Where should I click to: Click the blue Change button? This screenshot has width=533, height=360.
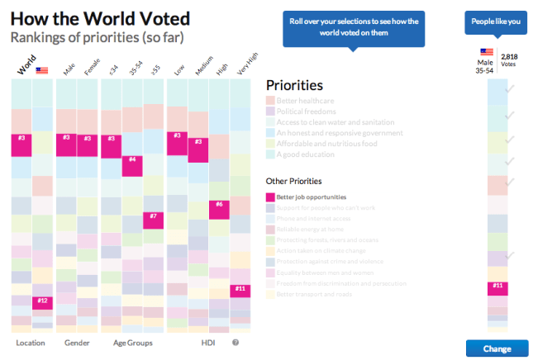point(497,348)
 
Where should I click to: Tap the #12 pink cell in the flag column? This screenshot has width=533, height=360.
point(43,302)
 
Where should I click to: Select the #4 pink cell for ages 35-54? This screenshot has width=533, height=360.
point(132,165)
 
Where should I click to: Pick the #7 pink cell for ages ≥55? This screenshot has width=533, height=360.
point(154,219)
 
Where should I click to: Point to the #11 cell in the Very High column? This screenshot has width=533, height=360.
point(240,290)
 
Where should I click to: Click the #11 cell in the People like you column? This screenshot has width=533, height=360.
point(497,288)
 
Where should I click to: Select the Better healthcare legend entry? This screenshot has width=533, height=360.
point(305,100)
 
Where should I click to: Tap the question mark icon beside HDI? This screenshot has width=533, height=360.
point(236,343)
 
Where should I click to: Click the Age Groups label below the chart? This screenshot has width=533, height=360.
point(132,343)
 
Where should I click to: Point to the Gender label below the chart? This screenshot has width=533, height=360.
point(78,343)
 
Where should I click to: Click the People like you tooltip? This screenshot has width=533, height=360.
point(497,22)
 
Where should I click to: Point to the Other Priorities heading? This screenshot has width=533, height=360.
point(293,180)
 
